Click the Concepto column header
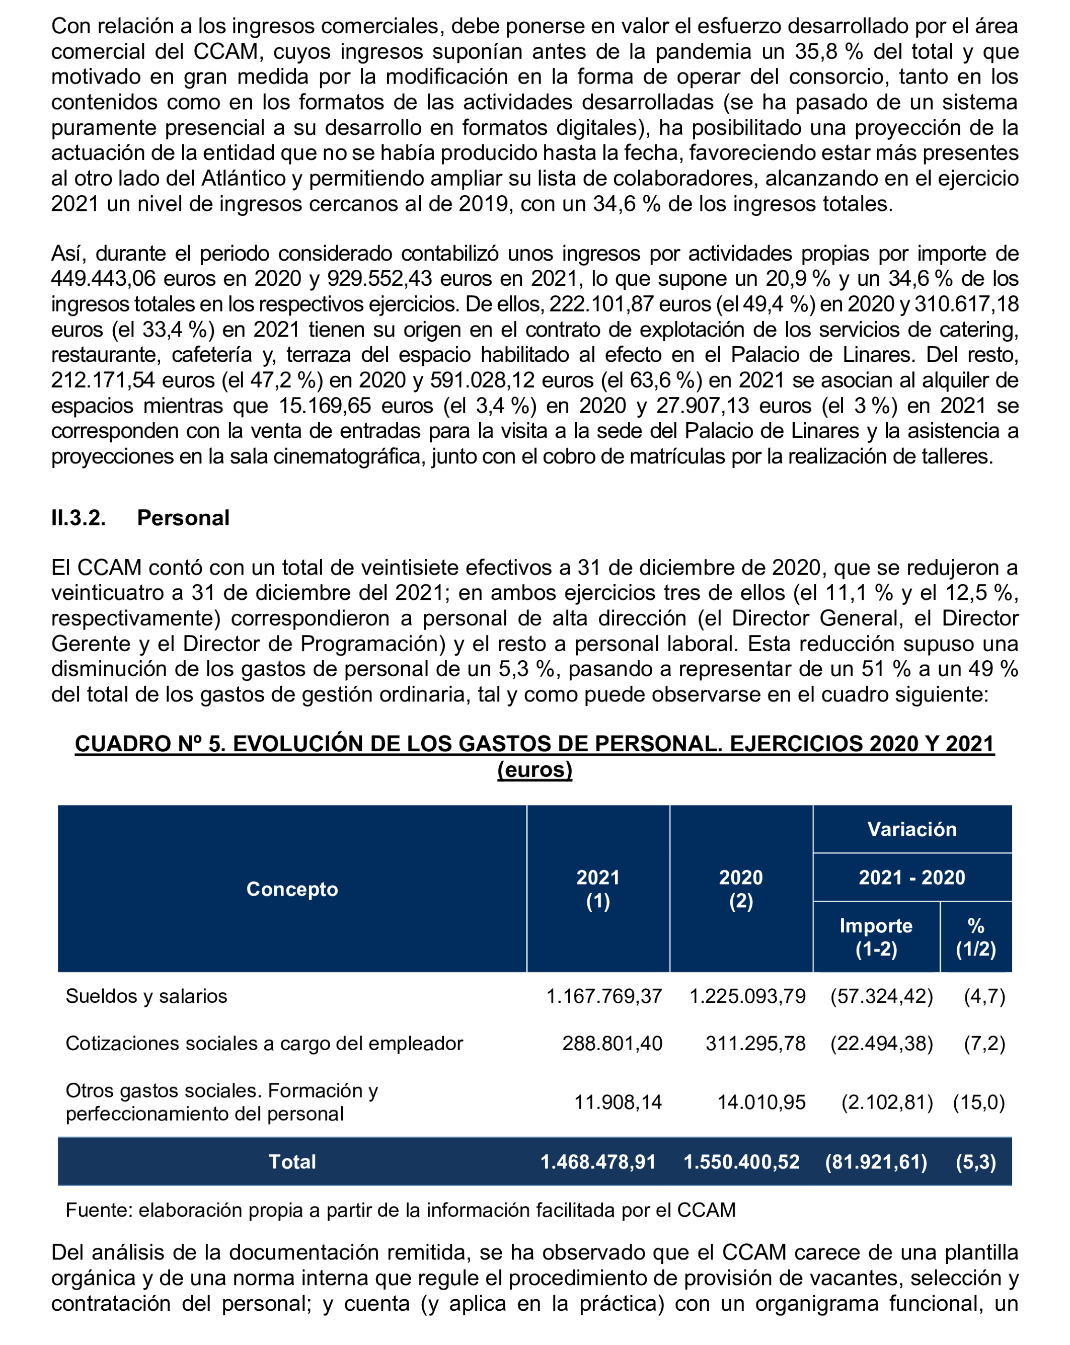click(x=292, y=889)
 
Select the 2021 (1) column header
click(x=598, y=889)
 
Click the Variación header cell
click(x=911, y=829)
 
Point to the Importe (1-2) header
click(x=876, y=937)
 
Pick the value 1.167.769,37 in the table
click(x=604, y=996)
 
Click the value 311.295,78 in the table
click(x=755, y=1043)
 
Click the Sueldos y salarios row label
click(x=146, y=996)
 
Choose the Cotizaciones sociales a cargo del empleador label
click(x=264, y=1043)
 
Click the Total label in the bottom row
click(x=292, y=1161)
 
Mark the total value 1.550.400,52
click(x=741, y=1161)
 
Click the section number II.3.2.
click(x=79, y=518)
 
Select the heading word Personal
click(x=183, y=518)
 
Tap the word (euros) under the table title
click(x=534, y=769)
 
